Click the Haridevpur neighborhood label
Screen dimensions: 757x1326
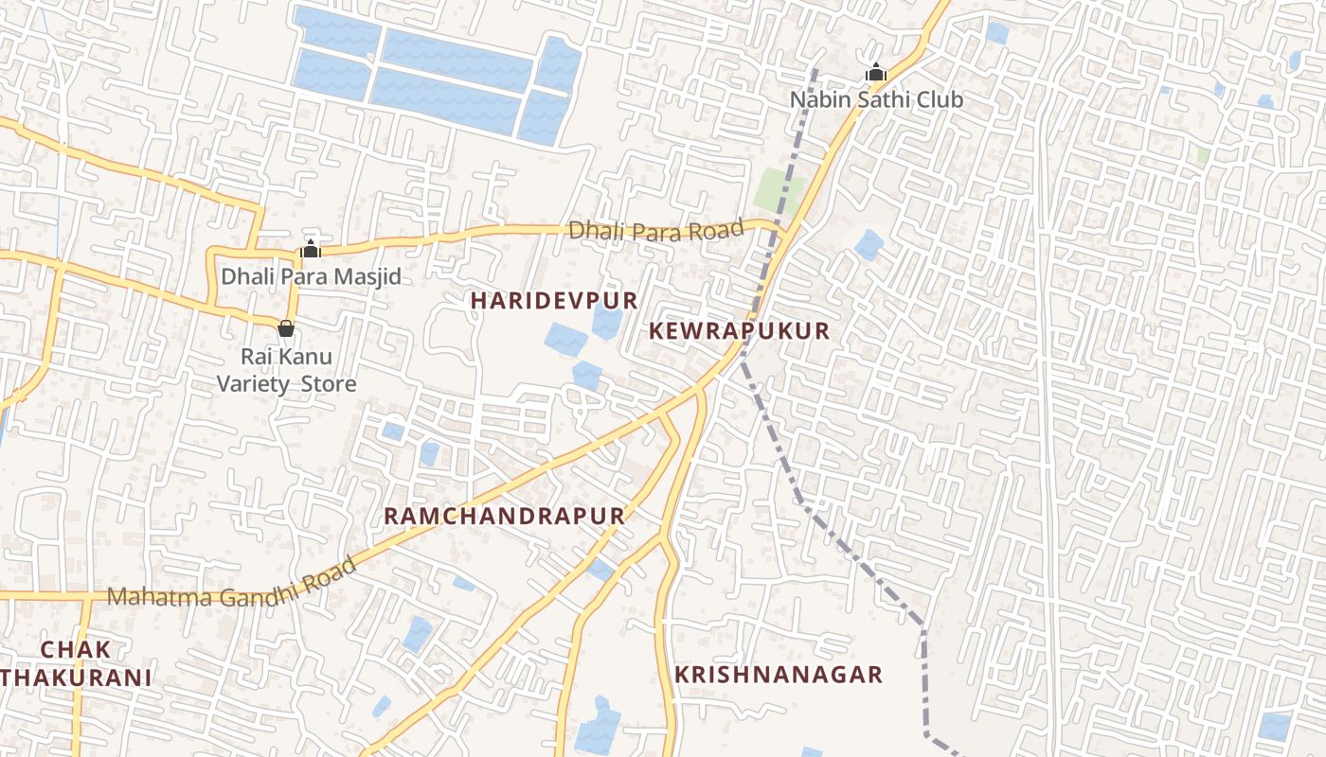point(554,301)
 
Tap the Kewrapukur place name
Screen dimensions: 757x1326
point(740,331)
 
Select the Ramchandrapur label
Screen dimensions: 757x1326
point(504,516)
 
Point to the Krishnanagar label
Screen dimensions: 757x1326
point(778,675)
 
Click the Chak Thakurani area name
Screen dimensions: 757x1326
point(76,663)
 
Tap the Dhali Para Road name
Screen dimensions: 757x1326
point(655,230)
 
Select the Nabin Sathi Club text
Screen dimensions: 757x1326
point(876,99)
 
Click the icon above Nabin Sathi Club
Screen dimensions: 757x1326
point(876,72)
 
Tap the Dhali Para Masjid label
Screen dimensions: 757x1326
point(311,277)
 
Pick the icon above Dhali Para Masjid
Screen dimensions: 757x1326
point(311,249)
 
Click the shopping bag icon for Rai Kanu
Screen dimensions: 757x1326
point(286,328)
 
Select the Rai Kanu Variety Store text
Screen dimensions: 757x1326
point(286,370)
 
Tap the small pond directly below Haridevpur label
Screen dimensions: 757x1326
point(566,339)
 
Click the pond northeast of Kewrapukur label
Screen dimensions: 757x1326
point(869,245)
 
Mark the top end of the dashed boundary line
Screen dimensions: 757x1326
point(815,69)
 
